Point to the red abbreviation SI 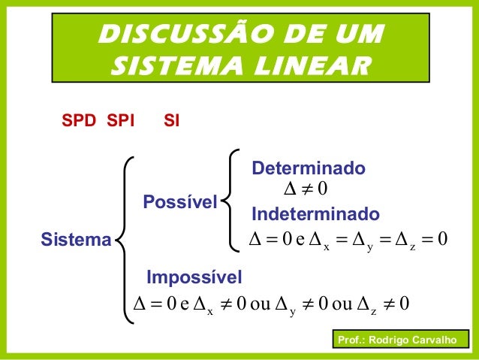[171, 120]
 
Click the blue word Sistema [75, 241]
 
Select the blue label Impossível [194, 279]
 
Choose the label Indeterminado [315, 215]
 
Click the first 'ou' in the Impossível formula [258, 304]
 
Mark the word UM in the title [359, 34]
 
